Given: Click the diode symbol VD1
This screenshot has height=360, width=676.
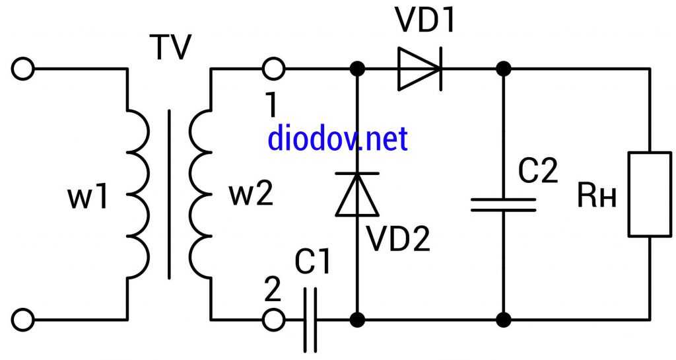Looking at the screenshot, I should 420,69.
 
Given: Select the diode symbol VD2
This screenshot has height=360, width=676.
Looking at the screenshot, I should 358,194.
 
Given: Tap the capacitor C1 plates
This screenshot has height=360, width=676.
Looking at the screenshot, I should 310,320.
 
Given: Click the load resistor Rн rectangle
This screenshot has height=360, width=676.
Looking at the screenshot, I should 650,194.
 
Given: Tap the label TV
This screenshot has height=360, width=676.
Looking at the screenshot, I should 170,48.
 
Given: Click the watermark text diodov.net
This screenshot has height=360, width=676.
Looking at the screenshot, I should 337,138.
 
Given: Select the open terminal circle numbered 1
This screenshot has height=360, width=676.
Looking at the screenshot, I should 273,69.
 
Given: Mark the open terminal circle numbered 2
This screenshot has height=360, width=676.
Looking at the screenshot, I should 273,320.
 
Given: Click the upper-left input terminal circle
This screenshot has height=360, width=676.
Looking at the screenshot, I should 23,69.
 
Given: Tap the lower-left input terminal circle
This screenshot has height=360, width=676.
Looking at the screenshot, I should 23,320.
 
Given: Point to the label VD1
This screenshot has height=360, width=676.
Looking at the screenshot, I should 425,21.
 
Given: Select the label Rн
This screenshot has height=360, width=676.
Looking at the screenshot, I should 597,196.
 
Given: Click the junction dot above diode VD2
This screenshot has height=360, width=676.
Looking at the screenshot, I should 358,69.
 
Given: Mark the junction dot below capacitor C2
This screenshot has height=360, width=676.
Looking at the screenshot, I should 503,320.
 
